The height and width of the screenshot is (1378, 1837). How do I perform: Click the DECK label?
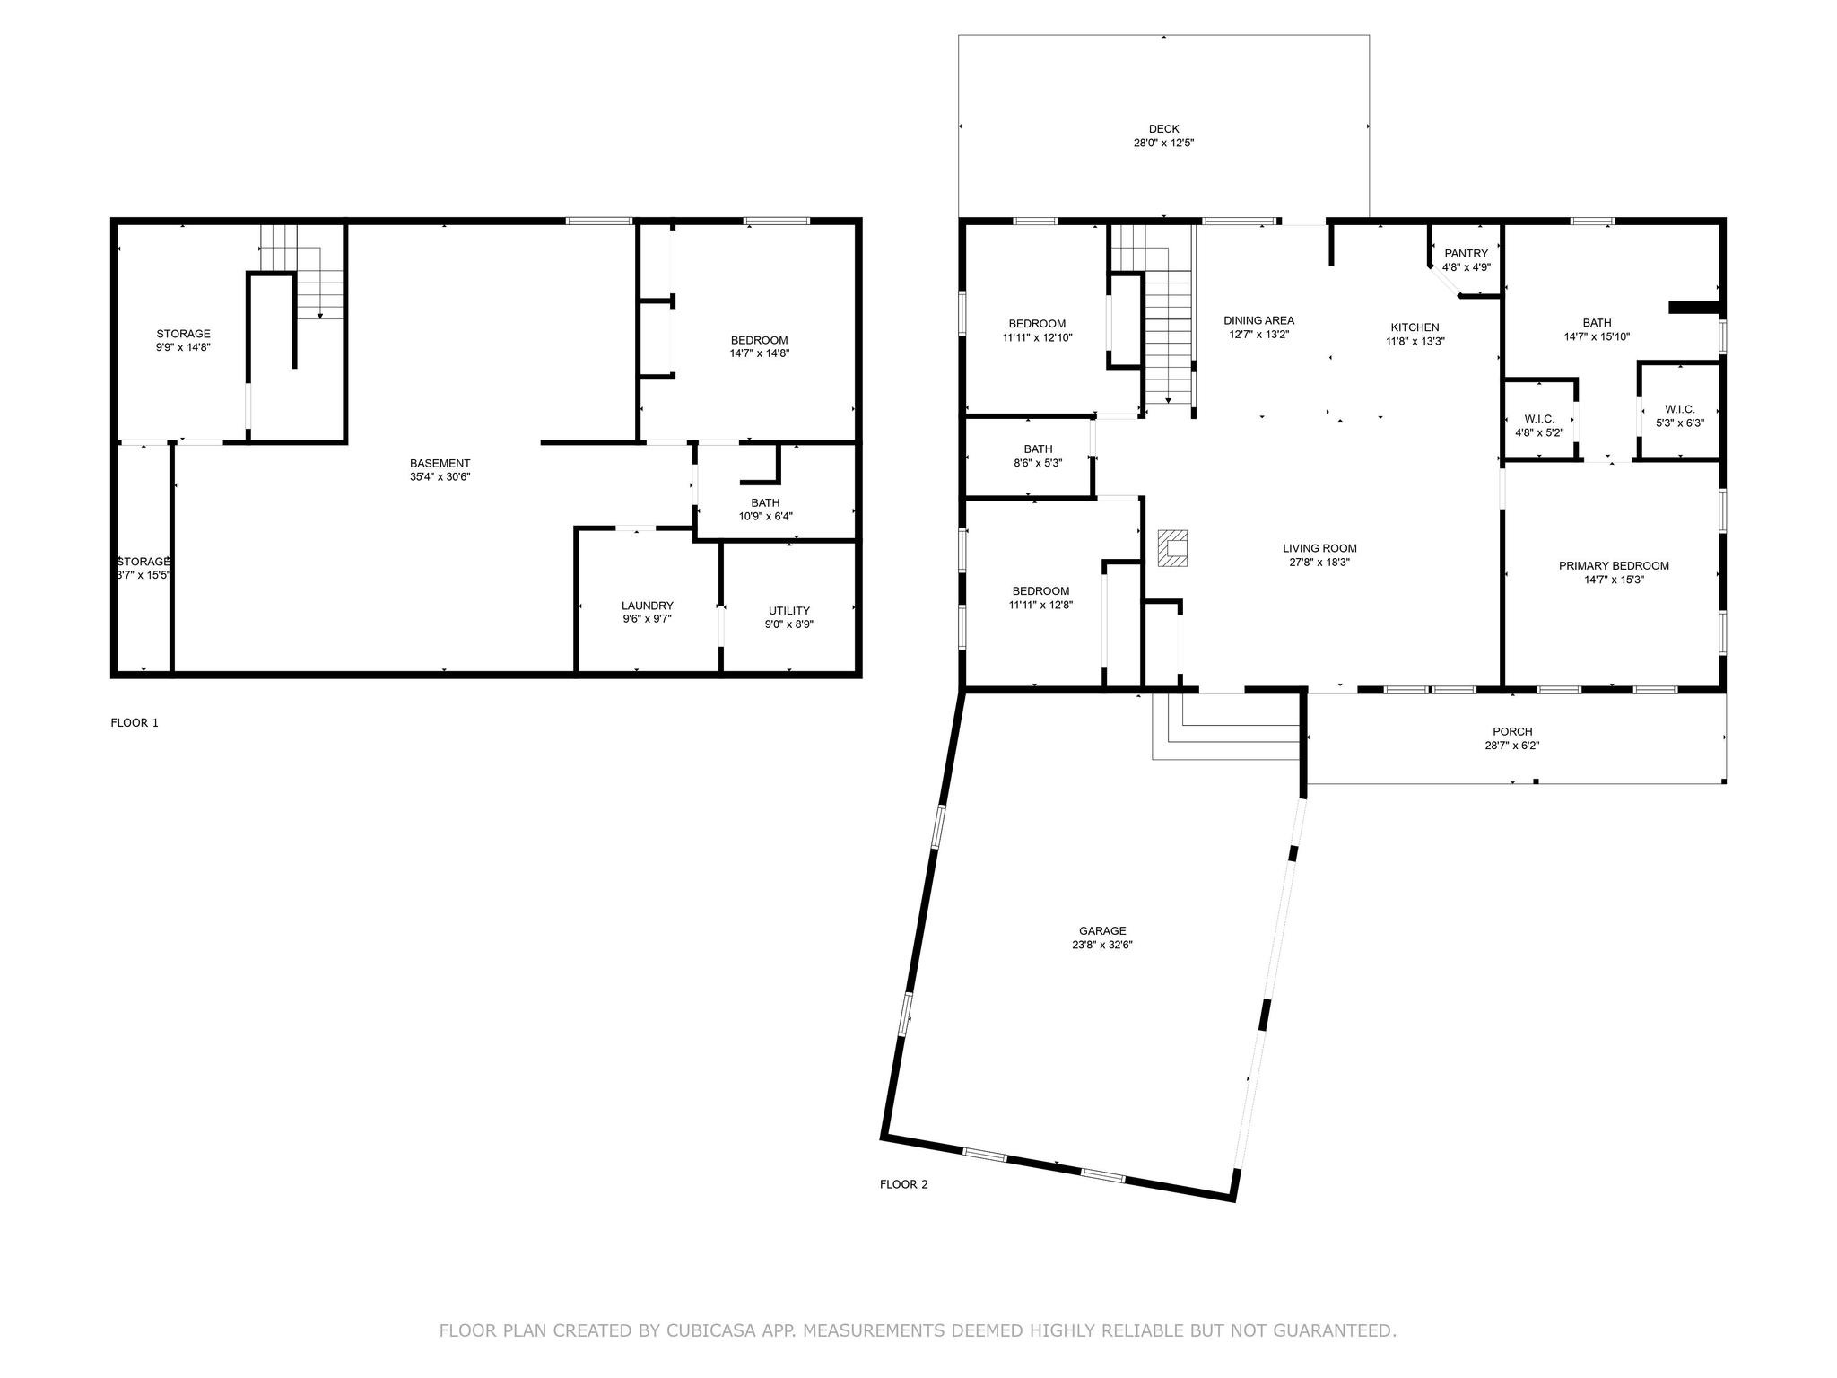click(1163, 129)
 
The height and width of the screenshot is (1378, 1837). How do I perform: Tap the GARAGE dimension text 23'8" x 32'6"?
click(1101, 945)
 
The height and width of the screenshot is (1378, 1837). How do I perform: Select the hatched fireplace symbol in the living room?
click(1171, 547)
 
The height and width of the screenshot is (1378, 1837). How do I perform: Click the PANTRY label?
click(1466, 254)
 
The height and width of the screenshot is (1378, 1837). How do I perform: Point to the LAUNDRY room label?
click(647, 606)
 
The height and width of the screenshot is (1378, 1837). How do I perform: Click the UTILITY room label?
click(789, 611)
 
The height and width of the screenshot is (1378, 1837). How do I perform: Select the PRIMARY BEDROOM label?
click(1613, 566)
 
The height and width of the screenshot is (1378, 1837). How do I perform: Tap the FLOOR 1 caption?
click(135, 722)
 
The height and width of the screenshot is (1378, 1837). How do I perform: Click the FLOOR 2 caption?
click(903, 1184)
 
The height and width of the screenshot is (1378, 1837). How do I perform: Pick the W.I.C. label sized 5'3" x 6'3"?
click(1679, 409)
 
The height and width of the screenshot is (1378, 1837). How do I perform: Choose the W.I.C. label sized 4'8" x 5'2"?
click(1538, 419)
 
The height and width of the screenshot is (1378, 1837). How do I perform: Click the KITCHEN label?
click(1415, 327)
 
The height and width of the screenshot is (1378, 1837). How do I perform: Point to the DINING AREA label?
click(1258, 320)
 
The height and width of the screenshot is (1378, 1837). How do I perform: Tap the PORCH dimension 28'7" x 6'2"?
click(1512, 746)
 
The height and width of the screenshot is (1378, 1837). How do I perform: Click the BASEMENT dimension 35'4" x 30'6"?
click(440, 477)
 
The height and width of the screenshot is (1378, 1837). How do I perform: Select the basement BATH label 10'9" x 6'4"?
click(765, 502)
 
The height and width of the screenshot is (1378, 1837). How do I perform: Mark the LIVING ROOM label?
click(1319, 548)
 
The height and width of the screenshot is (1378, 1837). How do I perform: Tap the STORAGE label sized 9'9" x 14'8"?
click(183, 334)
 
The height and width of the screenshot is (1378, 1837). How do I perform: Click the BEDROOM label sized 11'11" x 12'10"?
click(1037, 324)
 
